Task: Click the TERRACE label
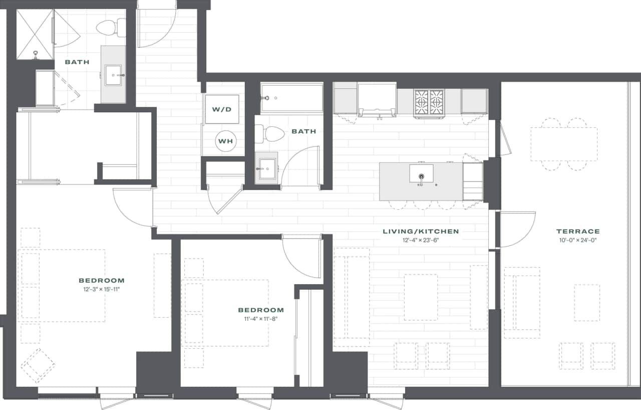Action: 578,232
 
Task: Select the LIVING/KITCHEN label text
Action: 421,232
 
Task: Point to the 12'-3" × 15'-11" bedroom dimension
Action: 102,289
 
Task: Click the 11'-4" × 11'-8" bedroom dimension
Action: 260,319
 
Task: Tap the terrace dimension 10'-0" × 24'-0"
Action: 578,240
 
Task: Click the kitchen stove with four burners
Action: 429,102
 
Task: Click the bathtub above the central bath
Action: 291,98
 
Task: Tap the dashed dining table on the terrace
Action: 564,144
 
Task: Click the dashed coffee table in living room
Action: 421,297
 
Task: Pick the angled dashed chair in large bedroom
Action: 38,365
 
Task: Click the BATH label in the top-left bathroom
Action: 77,62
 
